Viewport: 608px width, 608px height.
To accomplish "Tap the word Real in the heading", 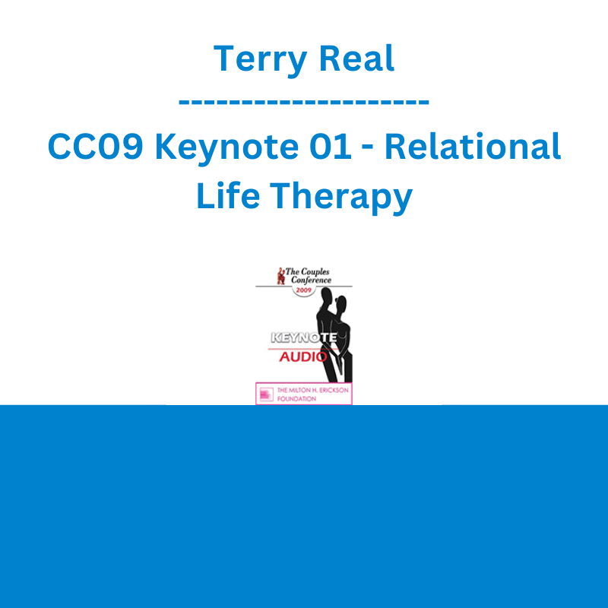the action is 356,59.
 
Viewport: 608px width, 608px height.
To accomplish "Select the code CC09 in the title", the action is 96,146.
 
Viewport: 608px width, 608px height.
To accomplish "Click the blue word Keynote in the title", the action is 226,147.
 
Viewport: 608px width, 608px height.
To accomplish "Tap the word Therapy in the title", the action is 341,197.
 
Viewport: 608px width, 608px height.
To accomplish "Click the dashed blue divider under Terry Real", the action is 303,102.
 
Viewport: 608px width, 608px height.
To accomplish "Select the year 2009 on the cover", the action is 303,290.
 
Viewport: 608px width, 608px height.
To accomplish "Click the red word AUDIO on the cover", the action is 302,356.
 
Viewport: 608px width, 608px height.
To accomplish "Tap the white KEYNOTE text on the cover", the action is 303,337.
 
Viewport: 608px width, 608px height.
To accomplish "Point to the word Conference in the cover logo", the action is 311,280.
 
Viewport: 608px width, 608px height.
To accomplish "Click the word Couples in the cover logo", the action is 315,272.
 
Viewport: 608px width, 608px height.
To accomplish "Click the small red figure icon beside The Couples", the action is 280,276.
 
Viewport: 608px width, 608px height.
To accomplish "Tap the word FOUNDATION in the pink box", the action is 296,398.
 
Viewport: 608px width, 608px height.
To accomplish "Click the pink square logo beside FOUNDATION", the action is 267,394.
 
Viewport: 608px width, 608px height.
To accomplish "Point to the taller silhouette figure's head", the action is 328,299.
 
